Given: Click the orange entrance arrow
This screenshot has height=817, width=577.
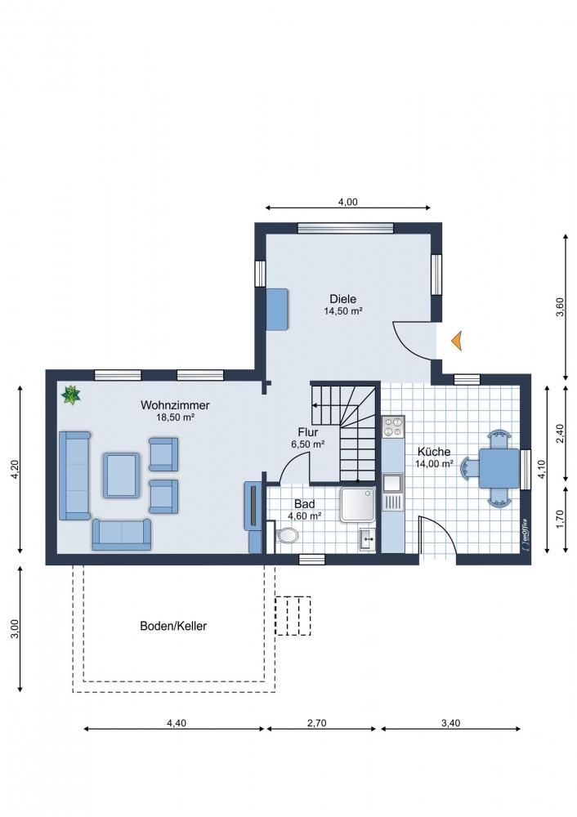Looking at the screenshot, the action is point(457,341).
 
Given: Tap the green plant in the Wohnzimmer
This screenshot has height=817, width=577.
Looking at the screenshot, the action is point(70,395).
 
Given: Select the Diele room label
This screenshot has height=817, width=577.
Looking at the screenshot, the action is point(343,299).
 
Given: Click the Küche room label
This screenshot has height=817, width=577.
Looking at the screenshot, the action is point(434,452).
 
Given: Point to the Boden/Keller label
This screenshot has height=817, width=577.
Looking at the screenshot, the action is point(173,626).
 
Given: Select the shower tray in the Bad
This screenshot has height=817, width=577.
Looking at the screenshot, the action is point(358,504).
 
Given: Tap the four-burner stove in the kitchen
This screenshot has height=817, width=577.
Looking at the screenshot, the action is point(393,426).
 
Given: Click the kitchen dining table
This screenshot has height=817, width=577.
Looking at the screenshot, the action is point(499,468).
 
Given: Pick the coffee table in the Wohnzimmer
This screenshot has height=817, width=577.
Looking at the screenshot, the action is point(122,475).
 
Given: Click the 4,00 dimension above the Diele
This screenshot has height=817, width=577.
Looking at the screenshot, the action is point(348,202).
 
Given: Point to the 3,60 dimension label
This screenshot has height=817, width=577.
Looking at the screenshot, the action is point(561,307).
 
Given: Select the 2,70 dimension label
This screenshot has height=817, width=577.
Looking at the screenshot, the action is point(317,723).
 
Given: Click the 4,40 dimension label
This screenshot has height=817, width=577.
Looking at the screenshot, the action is point(177,723).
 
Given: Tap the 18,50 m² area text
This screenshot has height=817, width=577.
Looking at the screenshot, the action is point(176,417).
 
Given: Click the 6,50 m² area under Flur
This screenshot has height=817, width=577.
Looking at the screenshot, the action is point(308,444).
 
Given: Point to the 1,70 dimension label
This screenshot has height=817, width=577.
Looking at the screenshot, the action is point(561,519).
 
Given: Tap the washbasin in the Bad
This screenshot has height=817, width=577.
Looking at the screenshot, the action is point(367,539).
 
